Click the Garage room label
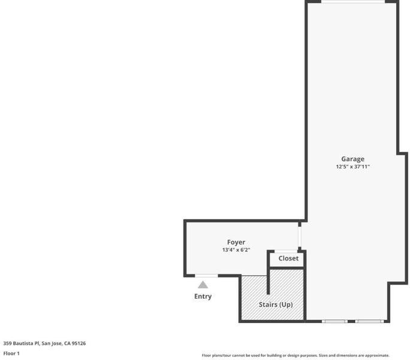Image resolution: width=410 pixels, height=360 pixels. tap(352, 159)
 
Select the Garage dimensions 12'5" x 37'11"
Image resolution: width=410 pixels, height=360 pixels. tap(352, 167)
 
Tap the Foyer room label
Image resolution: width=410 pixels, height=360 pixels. tap(236, 242)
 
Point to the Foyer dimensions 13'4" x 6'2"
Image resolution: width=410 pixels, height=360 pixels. tap(236, 250)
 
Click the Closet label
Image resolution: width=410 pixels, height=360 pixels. tap(288, 259)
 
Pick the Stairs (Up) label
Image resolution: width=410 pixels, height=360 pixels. tap(276, 305)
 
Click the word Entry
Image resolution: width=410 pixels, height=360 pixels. tap(203, 296)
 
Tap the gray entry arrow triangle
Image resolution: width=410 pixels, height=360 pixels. tap(203, 285)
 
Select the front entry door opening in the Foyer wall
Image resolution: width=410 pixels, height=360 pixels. tap(207, 275)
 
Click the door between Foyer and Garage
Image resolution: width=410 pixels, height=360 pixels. tap(300, 236)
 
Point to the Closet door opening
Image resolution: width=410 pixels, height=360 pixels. tap(286, 251)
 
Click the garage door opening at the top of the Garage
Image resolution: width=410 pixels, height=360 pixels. tap(353, 2)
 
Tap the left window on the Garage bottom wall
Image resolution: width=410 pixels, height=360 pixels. tap(334, 321)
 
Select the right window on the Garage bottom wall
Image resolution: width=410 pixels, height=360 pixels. tap(369, 321)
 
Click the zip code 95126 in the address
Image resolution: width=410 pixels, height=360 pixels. tap(79, 343)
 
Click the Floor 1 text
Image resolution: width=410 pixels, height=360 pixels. tap(11, 353)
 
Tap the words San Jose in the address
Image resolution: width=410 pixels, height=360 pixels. tap(52, 344)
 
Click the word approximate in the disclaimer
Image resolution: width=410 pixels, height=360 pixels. tap(377, 356)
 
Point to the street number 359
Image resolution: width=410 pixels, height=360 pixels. tap(7, 343)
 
